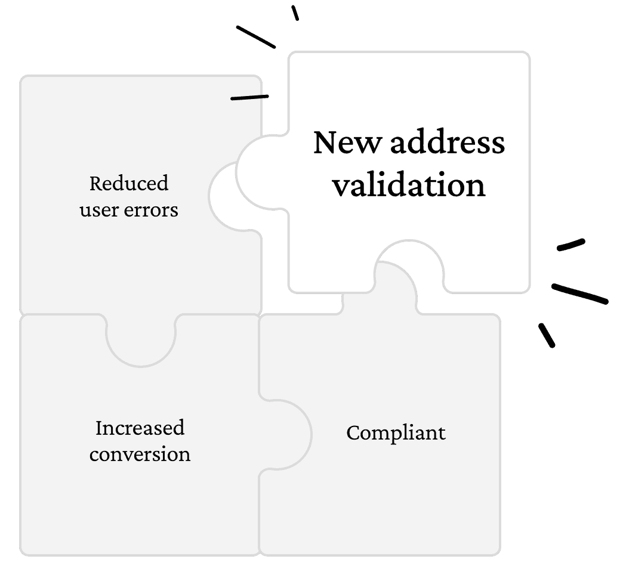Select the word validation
[409, 185]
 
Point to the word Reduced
[129, 183]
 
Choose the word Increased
[140, 428]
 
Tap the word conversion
[140, 455]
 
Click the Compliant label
[396, 432]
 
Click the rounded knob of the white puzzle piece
[257, 171]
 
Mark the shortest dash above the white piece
[295, 13]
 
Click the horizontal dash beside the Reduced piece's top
[249, 97]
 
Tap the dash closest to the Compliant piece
[547, 335]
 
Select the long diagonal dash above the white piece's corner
[256, 36]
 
